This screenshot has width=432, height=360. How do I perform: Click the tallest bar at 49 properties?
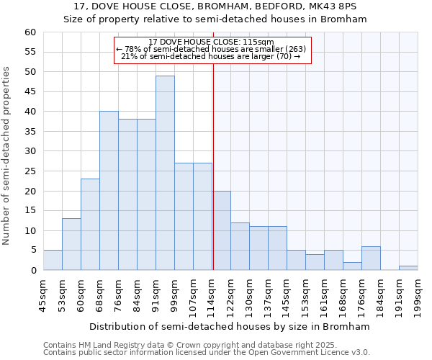pyautogui.click(x=165, y=173)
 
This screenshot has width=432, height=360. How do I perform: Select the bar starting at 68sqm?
pyautogui.click(x=109, y=191)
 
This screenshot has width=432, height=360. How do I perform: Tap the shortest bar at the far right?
pyautogui.click(x=408, y=268)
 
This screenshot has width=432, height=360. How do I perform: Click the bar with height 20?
pyautogui.click(x=221, y=230)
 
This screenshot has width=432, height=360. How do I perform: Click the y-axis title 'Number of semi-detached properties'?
pyautogui.click(x=7, y=156)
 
